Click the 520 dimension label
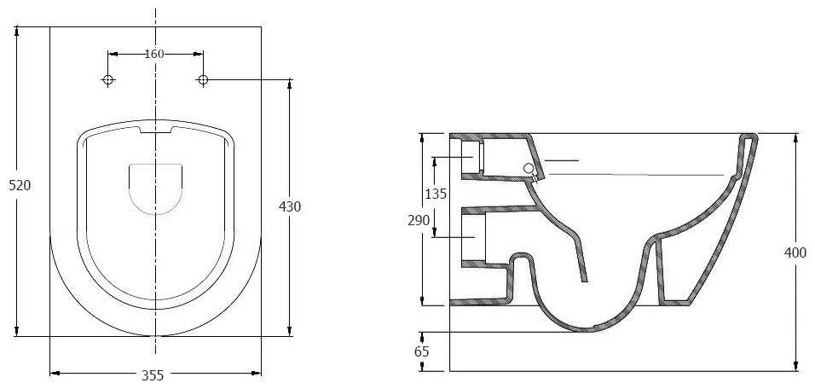(20, 185)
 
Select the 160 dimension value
(153, 54)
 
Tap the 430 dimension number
(290, 206)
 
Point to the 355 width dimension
(153, 375)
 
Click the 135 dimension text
(436, 194)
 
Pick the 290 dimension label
(419, 220)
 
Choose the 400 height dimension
(795, 253)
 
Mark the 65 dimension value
(421, 351)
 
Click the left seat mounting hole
(108, 79)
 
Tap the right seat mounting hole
(203, 79)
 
